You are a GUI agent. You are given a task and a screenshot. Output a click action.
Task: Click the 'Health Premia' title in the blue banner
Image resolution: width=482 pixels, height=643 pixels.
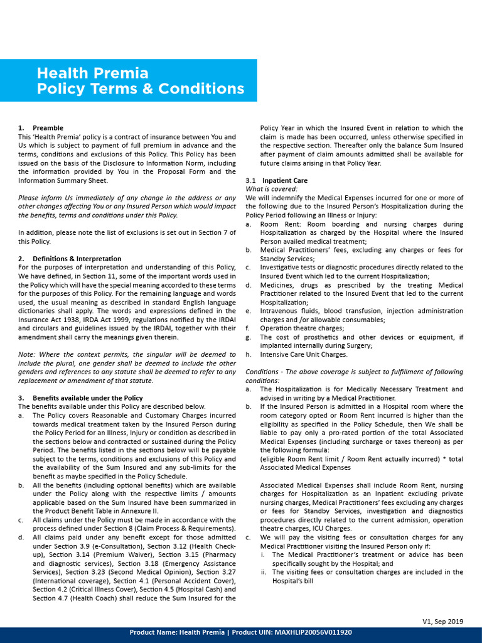92,73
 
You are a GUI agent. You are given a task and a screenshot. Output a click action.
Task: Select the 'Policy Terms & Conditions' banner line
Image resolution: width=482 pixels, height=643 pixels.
140,89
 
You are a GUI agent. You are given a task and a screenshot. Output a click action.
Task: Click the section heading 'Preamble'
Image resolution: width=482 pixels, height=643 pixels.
48,127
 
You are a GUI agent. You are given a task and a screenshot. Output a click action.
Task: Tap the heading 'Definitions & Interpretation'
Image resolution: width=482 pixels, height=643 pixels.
77,258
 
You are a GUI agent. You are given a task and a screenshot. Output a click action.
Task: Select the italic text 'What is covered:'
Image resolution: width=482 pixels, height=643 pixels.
271,189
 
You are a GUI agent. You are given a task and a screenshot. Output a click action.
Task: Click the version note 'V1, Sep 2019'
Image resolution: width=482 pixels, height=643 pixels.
442,621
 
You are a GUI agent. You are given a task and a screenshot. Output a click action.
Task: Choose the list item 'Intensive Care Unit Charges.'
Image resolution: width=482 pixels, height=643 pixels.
303,354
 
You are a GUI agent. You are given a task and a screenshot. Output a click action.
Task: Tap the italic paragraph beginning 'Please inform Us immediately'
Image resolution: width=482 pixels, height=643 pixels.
127,206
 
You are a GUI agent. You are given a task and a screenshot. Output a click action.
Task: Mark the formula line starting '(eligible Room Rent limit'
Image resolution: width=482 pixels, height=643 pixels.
361,459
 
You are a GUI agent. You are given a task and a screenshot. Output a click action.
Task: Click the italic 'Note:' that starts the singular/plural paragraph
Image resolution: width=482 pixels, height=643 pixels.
26,354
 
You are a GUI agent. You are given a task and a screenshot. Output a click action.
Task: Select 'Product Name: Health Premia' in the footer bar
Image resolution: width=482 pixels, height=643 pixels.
176,632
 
